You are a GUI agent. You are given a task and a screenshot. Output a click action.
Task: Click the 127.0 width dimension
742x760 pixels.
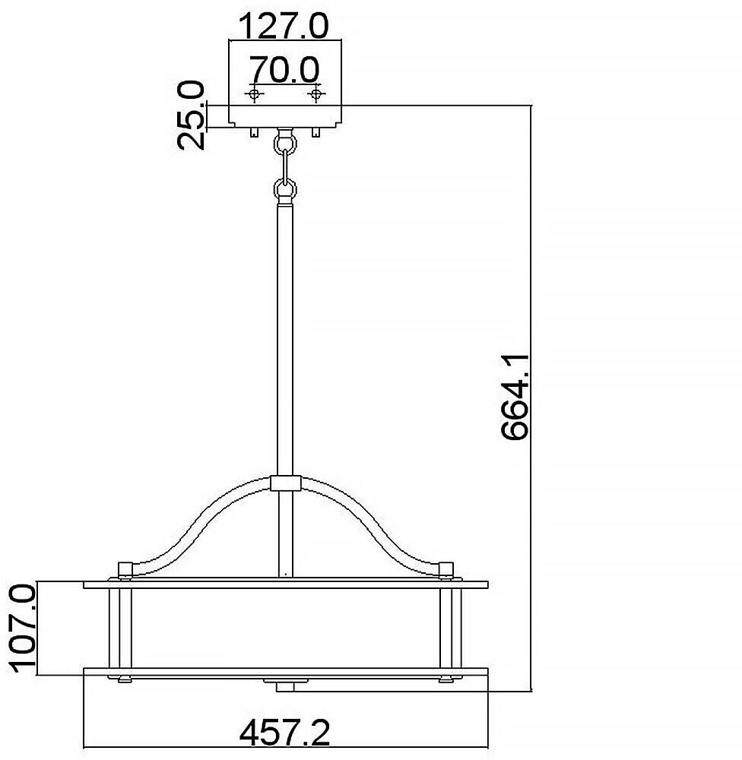coord(284,26)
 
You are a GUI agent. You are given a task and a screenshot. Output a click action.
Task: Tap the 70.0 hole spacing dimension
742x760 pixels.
coord(284,69)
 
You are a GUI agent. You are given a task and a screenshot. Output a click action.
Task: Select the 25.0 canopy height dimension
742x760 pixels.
coord(191,116)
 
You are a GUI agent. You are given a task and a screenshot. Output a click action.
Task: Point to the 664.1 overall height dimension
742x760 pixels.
coord(515,397)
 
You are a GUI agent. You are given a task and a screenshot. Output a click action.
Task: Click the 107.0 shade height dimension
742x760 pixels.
coord(23,628)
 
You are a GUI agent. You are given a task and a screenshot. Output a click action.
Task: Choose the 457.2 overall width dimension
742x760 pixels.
coord(284,733)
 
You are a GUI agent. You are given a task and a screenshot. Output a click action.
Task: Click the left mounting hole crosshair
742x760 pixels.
coord(254,93)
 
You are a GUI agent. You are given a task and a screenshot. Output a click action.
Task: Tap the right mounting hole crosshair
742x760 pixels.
coord(316,93)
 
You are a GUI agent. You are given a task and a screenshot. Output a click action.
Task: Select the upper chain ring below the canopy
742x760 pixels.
coord(285,143)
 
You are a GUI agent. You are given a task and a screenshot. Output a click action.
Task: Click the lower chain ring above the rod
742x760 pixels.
coord(285,188)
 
